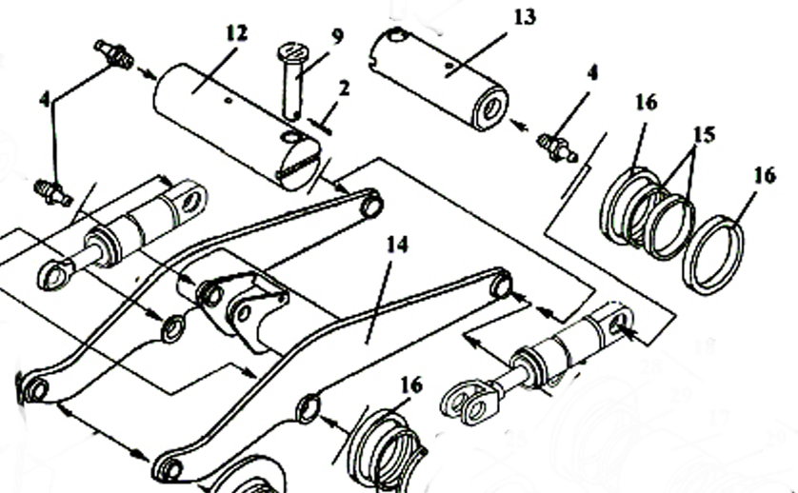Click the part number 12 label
click(x=237, y=33)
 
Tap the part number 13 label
click(x=525, y=17)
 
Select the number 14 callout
click(x=397, y=245)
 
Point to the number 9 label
click(x=337, y=36)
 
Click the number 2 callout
click(x=345, y=89)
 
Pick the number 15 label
click(x=704, y=135)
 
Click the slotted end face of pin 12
click(x=300, y=165)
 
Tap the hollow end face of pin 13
click(x=490, y=108)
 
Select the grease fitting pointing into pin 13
click(x=557, y=148)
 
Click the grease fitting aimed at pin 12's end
click(x=114, y=54)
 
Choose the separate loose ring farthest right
click(x=712, y=254)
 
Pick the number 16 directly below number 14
click(x=411, y=385)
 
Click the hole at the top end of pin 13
click(x=397, y=35)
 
